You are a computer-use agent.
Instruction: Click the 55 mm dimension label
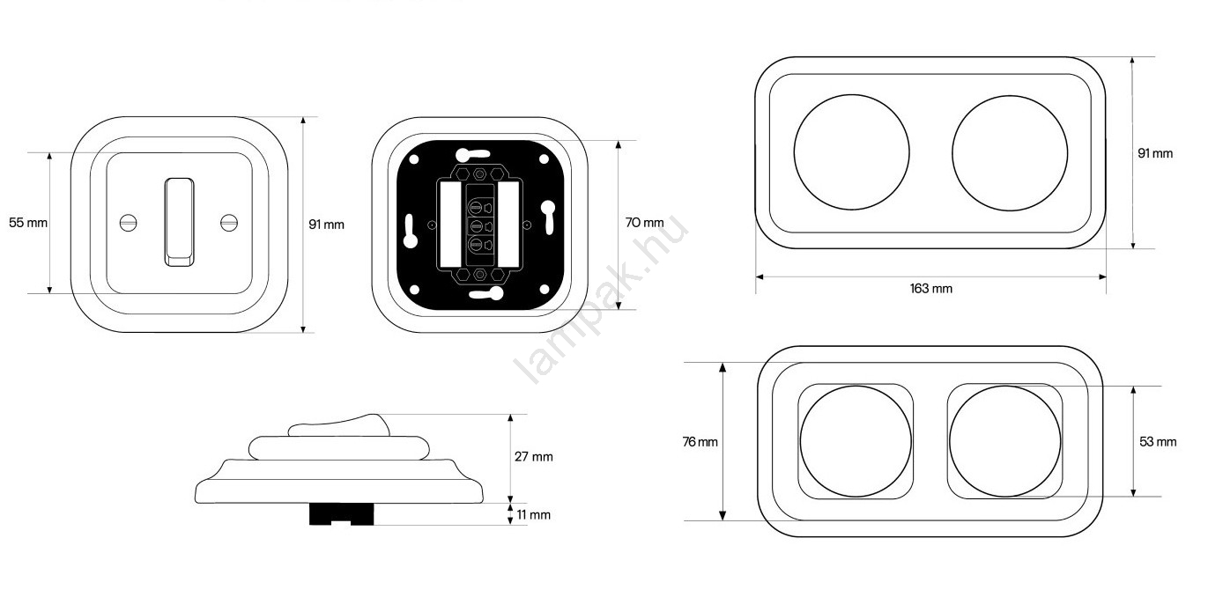tap(28, 223)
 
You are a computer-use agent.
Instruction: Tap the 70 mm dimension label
tap(644, 223)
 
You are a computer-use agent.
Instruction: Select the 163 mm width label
tap(930, 289)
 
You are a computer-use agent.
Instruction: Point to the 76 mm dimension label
tap(700, 442)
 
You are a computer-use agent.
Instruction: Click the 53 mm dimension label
tap(1158, 442)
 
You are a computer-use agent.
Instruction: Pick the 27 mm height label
tap(533, 457)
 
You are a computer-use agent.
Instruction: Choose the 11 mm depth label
tap(533, 515)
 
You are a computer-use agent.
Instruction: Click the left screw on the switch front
tap(128, 223)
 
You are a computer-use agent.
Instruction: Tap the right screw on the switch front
tap(229, 223)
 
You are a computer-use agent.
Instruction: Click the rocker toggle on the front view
tap(180, 222)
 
